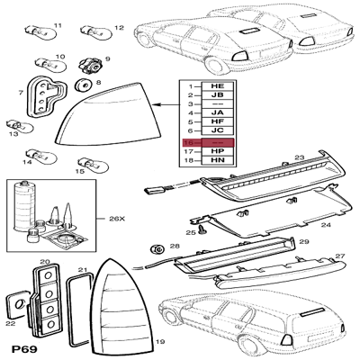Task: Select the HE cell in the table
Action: [217, 85]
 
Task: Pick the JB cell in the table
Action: [217, 94]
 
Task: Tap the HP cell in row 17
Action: [217, 152]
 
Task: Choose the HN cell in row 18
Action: [217, 162]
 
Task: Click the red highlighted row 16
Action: [208, 142]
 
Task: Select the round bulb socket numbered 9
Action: [91, 66]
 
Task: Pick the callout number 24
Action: [327, 224]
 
